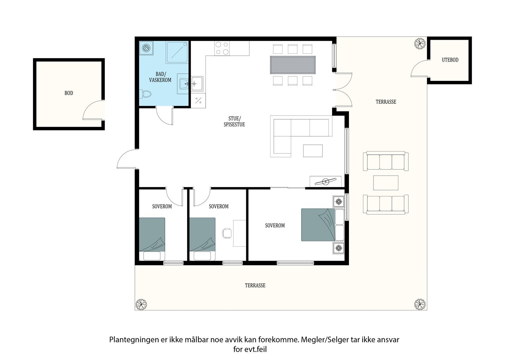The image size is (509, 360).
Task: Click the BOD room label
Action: click(69, 93)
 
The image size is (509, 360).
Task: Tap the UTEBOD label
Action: click(450, 60)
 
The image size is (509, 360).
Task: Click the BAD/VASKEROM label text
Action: click(160, 77)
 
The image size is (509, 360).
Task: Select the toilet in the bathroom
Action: click(146, 94)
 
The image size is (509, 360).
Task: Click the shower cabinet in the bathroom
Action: click(177, 52)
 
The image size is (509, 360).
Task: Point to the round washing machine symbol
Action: click(147, 48)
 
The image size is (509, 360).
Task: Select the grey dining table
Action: click(293, 65)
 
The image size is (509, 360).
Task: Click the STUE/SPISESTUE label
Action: click(234, 122)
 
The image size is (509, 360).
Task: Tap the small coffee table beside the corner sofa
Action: click(313, 151)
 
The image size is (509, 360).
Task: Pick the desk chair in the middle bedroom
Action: click(227, 233)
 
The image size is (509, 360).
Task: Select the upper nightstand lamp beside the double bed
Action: click(338, 201)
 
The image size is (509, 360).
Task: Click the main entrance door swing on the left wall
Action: click(127, 160)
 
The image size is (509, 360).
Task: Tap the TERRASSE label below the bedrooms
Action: click(255, 286)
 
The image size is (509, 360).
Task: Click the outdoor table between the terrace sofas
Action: click(386, 183)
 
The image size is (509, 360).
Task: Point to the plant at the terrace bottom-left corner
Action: click(141, 305)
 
